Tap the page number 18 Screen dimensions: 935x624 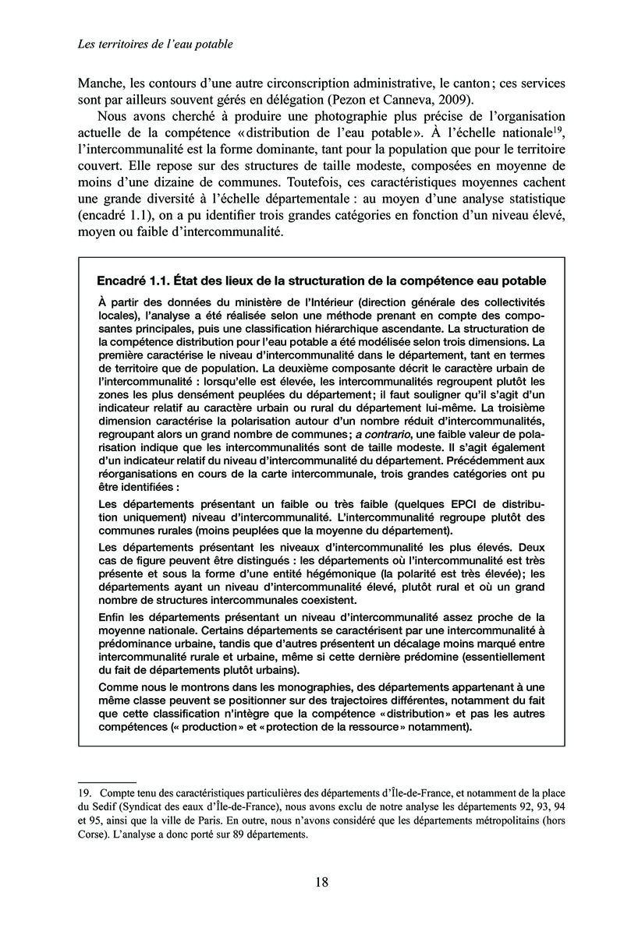pyautogui.click(x=321, y=883)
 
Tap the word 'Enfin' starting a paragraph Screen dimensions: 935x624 pyautogui.click(x=114, y=616)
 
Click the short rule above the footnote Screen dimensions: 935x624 pyautogui.click(x=107, y=779)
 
